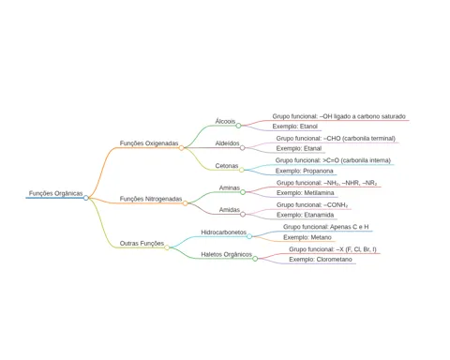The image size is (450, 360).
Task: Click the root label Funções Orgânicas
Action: [x=55, y=193]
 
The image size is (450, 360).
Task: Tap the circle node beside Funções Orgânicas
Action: [x=86, y=198]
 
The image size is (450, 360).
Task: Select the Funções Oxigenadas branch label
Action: [x=149, y=143]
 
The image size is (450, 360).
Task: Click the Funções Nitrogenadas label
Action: [x=151, y=199]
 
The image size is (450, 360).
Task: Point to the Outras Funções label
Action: [x=142, y=244]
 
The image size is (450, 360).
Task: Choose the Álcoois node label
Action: [x=225, y=121]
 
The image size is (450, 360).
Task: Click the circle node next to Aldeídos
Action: [x=243, y=148]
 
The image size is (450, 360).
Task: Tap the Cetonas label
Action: [x=227, y=166]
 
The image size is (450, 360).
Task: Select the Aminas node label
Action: [x=230, y=187]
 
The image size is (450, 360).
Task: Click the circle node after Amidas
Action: [x=243, y=215]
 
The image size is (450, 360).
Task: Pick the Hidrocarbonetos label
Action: [x=224, y=232]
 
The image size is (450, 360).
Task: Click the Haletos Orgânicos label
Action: [x=226, y=255]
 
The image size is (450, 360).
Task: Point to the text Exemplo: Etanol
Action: [x=295, y=127]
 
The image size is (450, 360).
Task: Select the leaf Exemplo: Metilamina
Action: [x=306, y=193]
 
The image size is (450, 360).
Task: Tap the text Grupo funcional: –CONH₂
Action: [x=312, y=205]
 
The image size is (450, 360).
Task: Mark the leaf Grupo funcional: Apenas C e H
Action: [x=326, y=227]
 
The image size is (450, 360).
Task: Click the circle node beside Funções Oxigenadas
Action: [x=181, y=148]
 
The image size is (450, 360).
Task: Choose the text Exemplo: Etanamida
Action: [x=306, y=215]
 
